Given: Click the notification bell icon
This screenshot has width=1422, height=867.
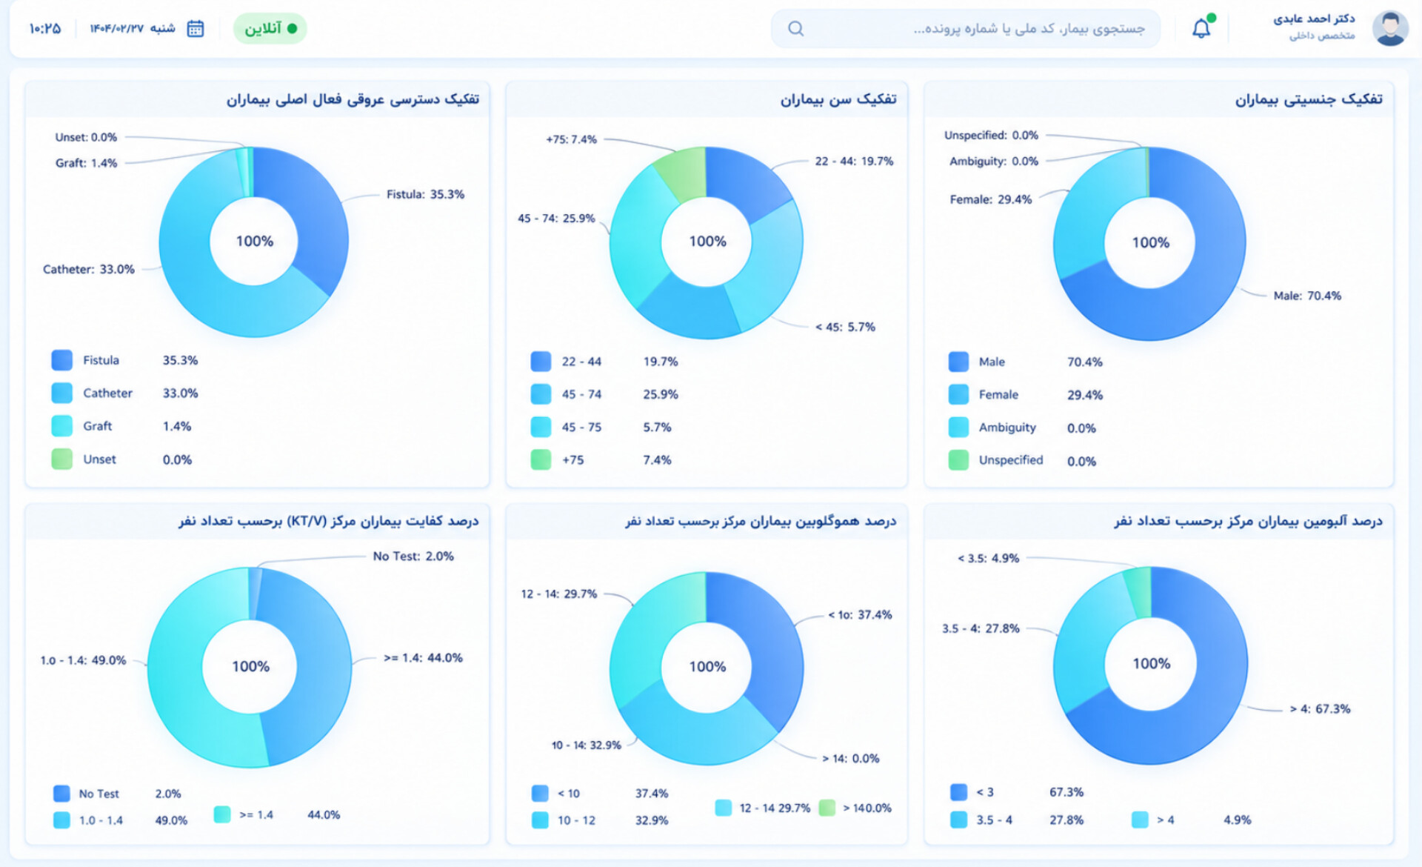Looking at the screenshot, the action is click(x=1201, y=28).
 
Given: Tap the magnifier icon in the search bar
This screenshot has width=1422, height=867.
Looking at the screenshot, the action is click(x=795, y=29).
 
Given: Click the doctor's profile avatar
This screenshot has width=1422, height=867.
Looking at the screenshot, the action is click(x=1389, y=28).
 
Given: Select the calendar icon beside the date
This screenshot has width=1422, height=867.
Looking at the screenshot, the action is click(x=196, y=29).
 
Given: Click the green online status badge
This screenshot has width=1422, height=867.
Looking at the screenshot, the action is click(x=270, y=29).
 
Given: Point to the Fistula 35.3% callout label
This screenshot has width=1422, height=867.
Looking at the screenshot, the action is click(x=425, y=194).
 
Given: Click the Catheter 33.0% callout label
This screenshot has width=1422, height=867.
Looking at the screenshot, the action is click(x=89, y=269).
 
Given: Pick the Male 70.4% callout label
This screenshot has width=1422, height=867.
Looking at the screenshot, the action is click(x=1307, y=296).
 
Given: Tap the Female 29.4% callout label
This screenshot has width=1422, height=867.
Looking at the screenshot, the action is click(x=990, y=199).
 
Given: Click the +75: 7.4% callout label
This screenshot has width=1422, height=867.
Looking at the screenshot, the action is click(x=571, y=139).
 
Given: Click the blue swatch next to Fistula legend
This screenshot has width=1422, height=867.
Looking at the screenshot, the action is click(x=62, y=360).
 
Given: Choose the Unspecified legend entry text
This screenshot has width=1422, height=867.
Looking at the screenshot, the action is click(x=1010, y=460).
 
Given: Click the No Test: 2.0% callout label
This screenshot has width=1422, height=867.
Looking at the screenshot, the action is click(x=413, y=556).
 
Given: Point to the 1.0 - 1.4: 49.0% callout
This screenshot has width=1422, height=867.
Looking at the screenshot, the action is click(x=83, y=660).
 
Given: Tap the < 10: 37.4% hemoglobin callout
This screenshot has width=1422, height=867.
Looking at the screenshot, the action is click(x=860, y=614).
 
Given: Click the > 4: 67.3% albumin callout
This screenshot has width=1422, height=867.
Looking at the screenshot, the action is click(x=1320, y=708).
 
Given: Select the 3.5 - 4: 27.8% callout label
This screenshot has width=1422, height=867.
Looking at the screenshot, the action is click(x=981, y=628).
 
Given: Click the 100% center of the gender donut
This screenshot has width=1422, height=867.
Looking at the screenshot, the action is click(x=1150, y=242).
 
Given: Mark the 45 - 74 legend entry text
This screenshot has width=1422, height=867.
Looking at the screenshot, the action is click(x=581, y=394).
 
